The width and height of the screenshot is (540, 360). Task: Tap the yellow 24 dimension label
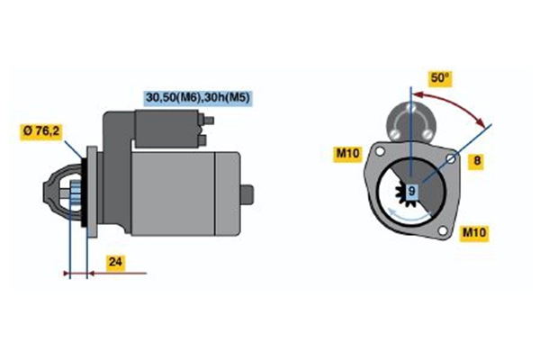coord(114,263)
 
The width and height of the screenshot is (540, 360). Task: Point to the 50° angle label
coord(439,79)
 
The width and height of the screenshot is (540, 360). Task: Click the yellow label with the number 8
coord(478,161)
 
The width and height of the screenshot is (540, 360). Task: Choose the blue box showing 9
coord(411,191)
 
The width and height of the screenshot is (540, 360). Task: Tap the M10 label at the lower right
coord(473,233)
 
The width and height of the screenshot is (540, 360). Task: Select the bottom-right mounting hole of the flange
coord(441,233)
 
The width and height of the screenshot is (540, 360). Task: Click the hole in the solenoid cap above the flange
coord(410,110)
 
